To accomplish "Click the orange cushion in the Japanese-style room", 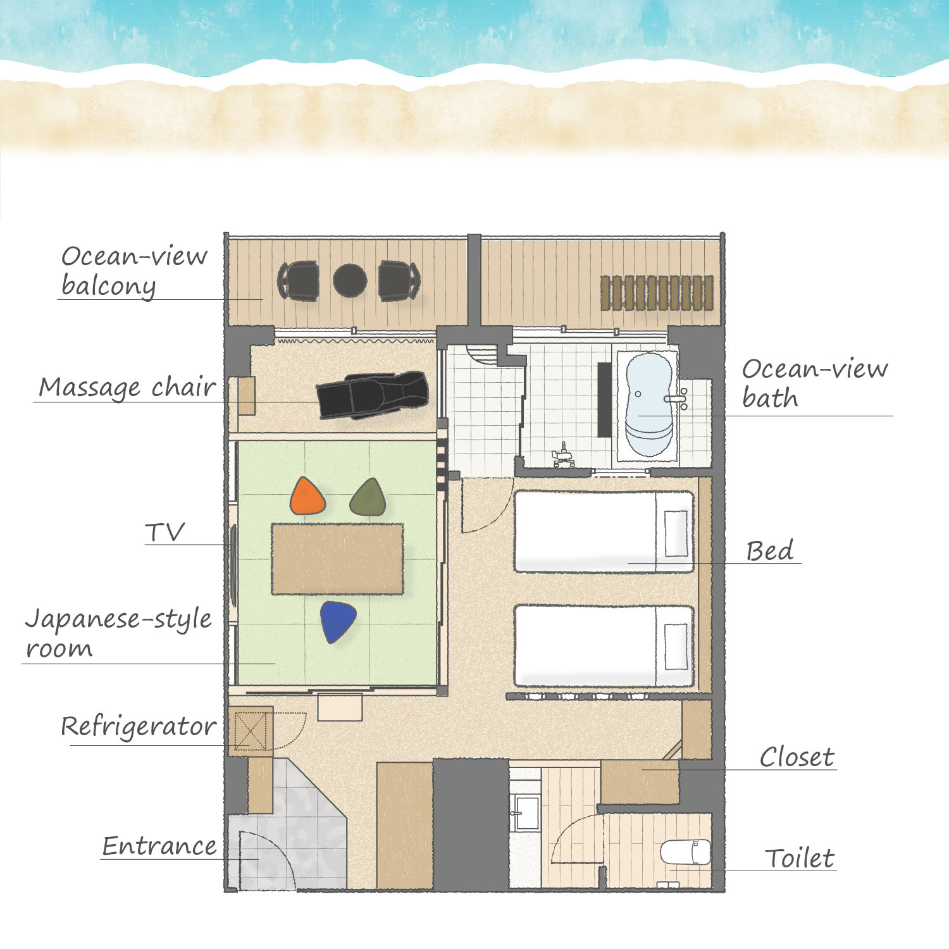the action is coord(307,496).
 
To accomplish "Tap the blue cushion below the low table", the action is coord(337,621).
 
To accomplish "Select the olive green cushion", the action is coord(368,497).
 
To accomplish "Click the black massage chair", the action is coord(373,394).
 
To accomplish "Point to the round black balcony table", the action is coord(350,280).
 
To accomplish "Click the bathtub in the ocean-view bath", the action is coord(649,405).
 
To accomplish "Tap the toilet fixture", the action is coord(685,852).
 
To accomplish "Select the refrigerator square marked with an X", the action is coord(251,731).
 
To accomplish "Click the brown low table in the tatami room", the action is coord(337,559).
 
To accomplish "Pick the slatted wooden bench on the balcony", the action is coord(657,293).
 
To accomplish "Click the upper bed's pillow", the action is coord(676,533).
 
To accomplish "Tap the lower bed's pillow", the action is coord(676,647).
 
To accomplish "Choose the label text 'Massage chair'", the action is coord(127,387).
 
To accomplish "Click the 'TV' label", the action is coord(164,533).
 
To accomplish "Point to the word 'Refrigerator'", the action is coord(139,727).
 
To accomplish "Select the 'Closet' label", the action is coord(797,757).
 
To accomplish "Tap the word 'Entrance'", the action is coord(159,846).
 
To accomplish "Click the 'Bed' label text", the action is coord(769,551).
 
